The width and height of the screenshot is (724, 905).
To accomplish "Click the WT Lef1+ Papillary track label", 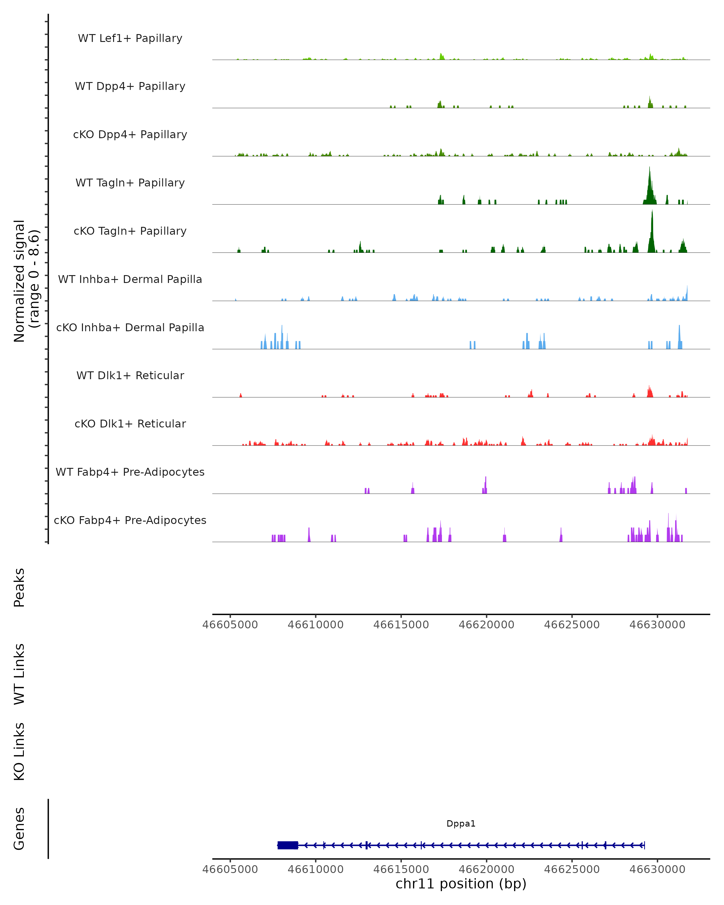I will (130, 38).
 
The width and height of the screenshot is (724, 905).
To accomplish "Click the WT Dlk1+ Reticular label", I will (130, 375).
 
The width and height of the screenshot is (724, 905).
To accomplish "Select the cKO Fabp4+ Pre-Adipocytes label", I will (130, 520).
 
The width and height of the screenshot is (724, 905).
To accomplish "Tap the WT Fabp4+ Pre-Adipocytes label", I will (130, 472).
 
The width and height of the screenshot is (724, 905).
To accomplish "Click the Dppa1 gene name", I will (461, 824).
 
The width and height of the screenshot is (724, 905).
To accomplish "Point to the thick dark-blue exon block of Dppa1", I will (287, 845).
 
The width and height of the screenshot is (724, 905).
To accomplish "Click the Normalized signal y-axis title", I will (26, 280).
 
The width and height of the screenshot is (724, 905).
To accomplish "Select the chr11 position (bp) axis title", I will (461, 884).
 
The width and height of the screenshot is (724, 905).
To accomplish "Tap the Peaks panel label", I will (19, 587).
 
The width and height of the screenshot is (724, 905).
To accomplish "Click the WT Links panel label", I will (19, 674).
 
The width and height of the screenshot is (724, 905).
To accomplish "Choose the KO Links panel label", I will (19, 751).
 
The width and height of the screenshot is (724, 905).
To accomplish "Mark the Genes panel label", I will (19, 829).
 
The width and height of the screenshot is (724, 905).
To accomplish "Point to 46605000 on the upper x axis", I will (230, 625).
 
